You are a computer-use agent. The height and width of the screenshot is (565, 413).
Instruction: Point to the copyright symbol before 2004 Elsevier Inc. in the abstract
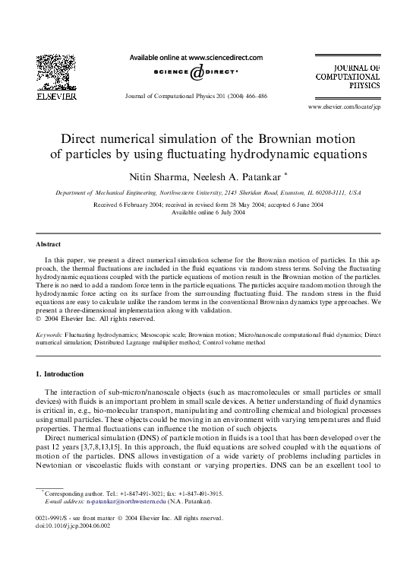[x=39, y=318]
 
